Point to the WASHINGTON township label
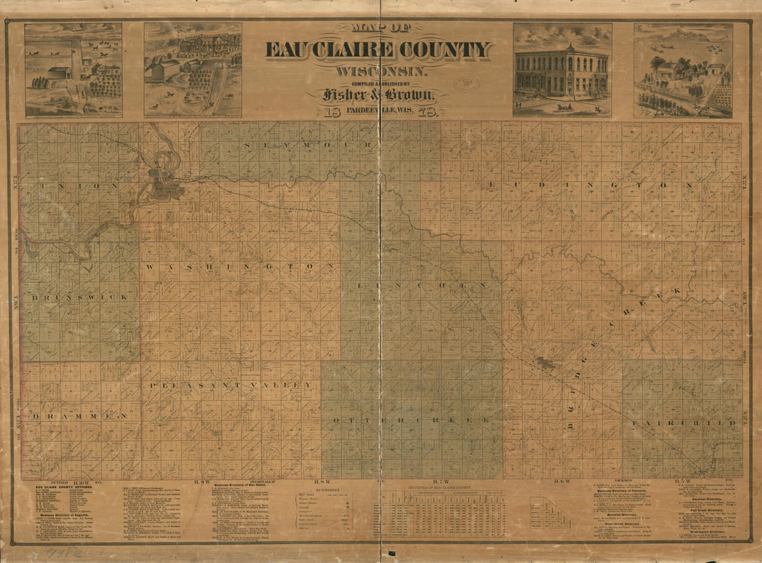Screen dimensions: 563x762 point(240,266)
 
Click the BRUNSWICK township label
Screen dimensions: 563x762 point(79,297)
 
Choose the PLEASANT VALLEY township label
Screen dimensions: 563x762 point(229,385)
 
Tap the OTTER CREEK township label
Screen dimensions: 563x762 point(411,421)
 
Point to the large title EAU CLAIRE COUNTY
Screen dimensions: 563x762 point(378,50)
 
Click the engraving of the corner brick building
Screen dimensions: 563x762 point(562,70)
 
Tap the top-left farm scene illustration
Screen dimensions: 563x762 point(73,69)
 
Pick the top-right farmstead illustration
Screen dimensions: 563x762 point(683,70)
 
